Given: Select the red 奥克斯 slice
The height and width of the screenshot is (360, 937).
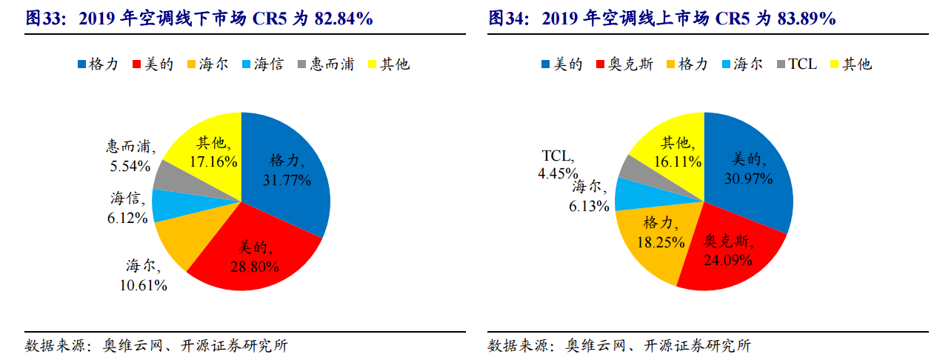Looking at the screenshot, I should tap(730, 252).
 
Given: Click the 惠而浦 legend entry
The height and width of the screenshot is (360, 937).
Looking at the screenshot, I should tap(325, 64).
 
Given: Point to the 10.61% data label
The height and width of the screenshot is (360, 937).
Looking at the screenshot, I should tap(144, 285).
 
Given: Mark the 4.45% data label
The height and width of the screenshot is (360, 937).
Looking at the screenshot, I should tap(557, 173).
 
